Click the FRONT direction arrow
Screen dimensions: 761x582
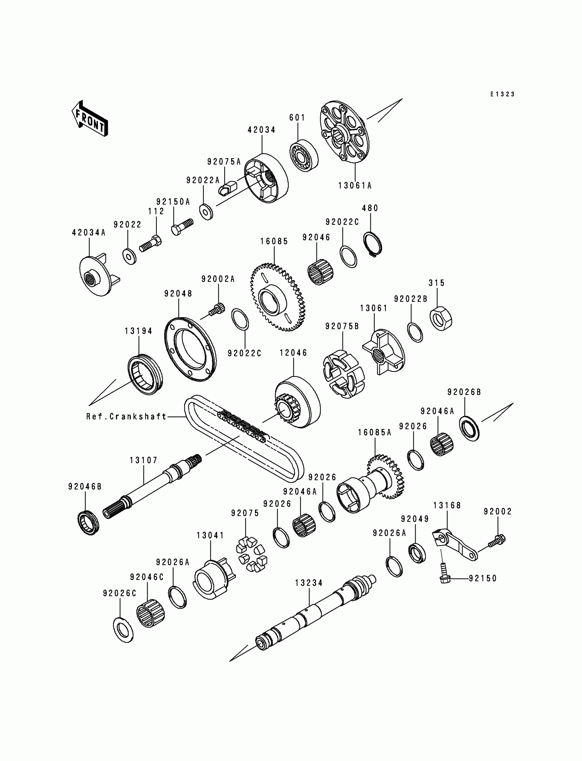pos(90,119)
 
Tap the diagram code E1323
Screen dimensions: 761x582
pos(502,94)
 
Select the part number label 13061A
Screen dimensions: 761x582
pos(355,186)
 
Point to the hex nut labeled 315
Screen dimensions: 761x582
pos(441,318)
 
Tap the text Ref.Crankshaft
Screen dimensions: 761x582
pos(126,416)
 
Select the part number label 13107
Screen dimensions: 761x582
pos(143,460)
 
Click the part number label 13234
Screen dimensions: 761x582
pos(309,583)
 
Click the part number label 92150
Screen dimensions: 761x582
pos(483,579)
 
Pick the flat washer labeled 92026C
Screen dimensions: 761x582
pos(123,630)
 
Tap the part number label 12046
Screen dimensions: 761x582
pos(293,353)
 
